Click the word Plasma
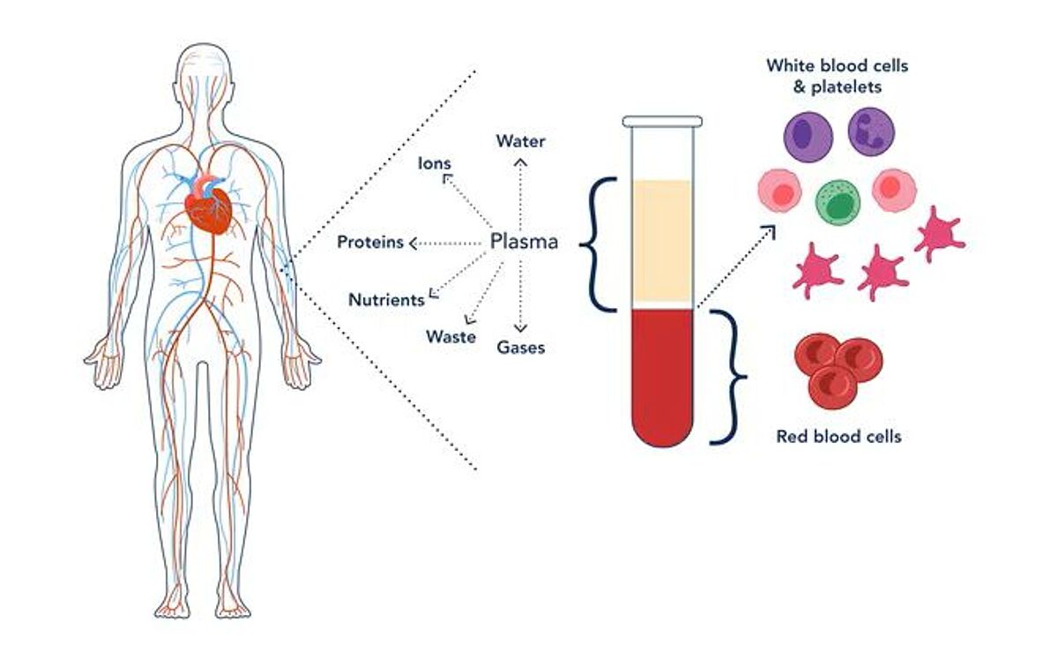point(524,242)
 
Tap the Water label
point(520,141)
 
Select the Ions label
point(435,163)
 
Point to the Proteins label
point(370,243)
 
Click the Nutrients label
point(386,299)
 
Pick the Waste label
point(451,336)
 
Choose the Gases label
point(520,347)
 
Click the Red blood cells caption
point(838,436)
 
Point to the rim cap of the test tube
point(662,121)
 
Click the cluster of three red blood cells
point(838,364)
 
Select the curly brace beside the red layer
point(730,377)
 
